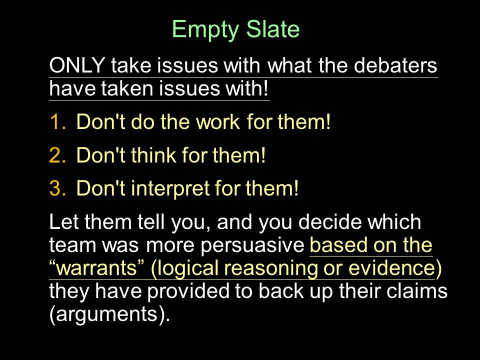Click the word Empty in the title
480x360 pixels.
point(205,29)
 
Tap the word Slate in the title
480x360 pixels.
point(273,29)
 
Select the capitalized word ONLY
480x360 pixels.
point(77,65)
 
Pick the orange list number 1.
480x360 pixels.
point(57,122)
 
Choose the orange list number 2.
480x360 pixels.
point(57,155)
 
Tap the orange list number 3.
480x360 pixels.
point(57,188)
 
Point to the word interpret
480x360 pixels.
point(170,188)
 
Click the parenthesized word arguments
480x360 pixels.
point(109,314)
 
